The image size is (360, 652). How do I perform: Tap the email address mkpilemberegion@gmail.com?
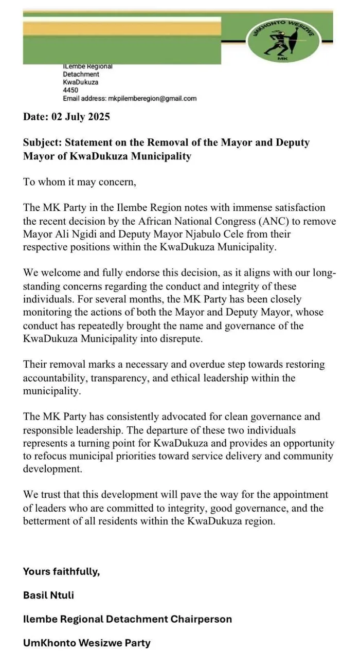[152, 98]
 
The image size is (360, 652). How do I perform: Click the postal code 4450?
[70, 90]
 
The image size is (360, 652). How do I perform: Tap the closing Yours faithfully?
[61, 571]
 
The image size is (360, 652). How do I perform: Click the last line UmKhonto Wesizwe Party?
[87, 642]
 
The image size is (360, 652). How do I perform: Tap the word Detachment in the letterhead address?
[81, 74]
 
